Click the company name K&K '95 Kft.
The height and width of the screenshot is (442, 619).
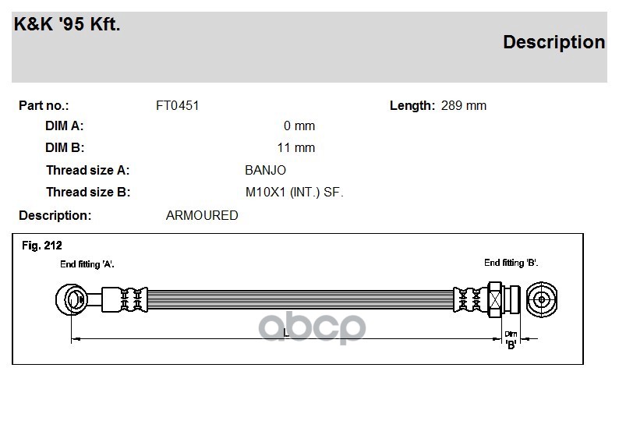pos(67,24)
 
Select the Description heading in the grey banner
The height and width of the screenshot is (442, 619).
pos(554,43)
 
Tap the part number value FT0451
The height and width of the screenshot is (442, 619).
pos(177,106)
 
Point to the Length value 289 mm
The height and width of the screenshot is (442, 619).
pos(463,106)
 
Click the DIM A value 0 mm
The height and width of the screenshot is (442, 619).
pos(299,126)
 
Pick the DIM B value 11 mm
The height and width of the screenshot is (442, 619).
pos(296,147)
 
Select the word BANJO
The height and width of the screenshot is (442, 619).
pos(265,170)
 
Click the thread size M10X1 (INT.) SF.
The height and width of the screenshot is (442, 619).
pos(294,193)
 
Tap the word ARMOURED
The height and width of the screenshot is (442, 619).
pos(202,215)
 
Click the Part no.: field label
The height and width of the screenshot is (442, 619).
pos(44,106)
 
